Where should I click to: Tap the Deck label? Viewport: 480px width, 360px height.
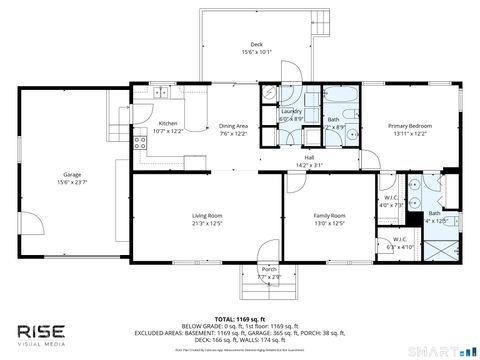(256, 44)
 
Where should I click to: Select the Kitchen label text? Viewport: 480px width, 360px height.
(168, 124)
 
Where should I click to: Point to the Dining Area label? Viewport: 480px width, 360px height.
(233, 126)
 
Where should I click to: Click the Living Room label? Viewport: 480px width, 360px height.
(207, 216)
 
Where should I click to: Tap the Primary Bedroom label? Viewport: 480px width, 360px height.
(408, 126)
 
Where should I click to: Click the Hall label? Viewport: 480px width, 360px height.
(310, 157)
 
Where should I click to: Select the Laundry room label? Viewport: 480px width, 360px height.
(291, 112)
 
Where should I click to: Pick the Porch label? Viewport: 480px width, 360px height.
(268, 269)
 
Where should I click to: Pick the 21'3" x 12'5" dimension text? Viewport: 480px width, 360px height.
(207, 223)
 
